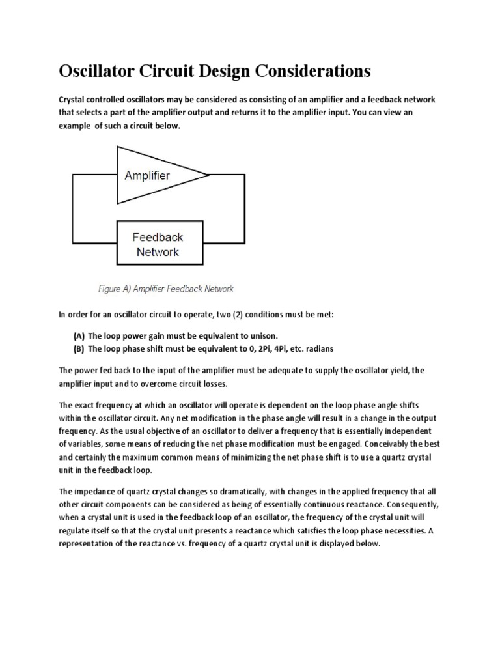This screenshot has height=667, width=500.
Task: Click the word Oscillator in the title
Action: tap(100, 70)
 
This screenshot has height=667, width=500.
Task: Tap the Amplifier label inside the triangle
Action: tap(147, 175)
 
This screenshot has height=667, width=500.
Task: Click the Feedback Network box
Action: tap(158, 244)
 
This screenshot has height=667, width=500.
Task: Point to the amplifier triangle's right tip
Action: tap(208, 175)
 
